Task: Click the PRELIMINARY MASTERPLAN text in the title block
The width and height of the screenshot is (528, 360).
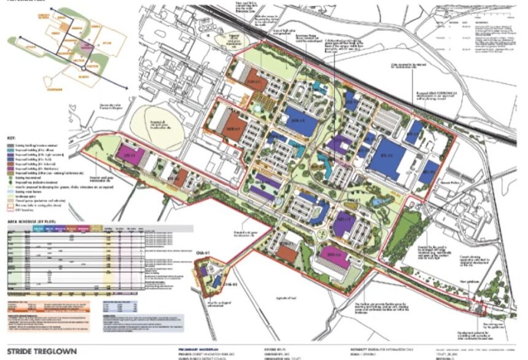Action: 203,347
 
